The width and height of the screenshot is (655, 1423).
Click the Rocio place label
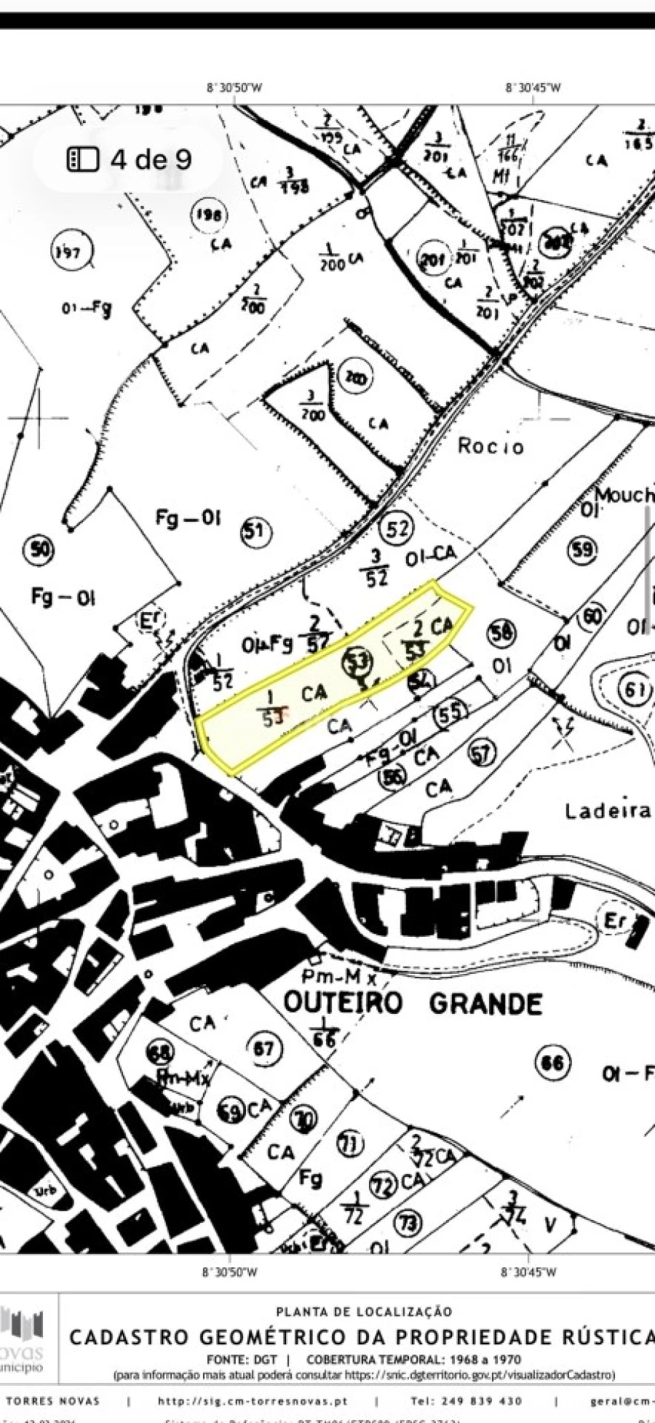click(491, 445)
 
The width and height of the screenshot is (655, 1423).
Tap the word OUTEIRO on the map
click(342, 1003)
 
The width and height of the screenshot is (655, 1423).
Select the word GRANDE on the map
click(485, 1004)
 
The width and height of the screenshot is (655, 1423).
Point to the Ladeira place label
click(608, 810)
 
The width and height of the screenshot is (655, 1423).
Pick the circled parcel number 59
click(583, 550)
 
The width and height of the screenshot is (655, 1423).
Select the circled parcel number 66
click(552, 1063)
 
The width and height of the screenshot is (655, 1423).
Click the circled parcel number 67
click(263, 1049)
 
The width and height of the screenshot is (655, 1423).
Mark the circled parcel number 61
click(635, 689)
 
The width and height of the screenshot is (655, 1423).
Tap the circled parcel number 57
click(480, 755)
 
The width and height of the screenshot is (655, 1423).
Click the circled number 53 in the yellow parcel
click(358, 662)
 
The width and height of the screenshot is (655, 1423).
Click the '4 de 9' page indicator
click(151, 159)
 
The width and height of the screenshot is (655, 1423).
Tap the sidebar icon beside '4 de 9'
click(82, 159)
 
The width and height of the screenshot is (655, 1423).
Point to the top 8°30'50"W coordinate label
click(234, 87)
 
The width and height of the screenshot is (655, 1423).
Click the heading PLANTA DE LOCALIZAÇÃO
click(364, 1312)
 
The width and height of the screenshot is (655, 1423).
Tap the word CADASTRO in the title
click(127, 1336)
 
